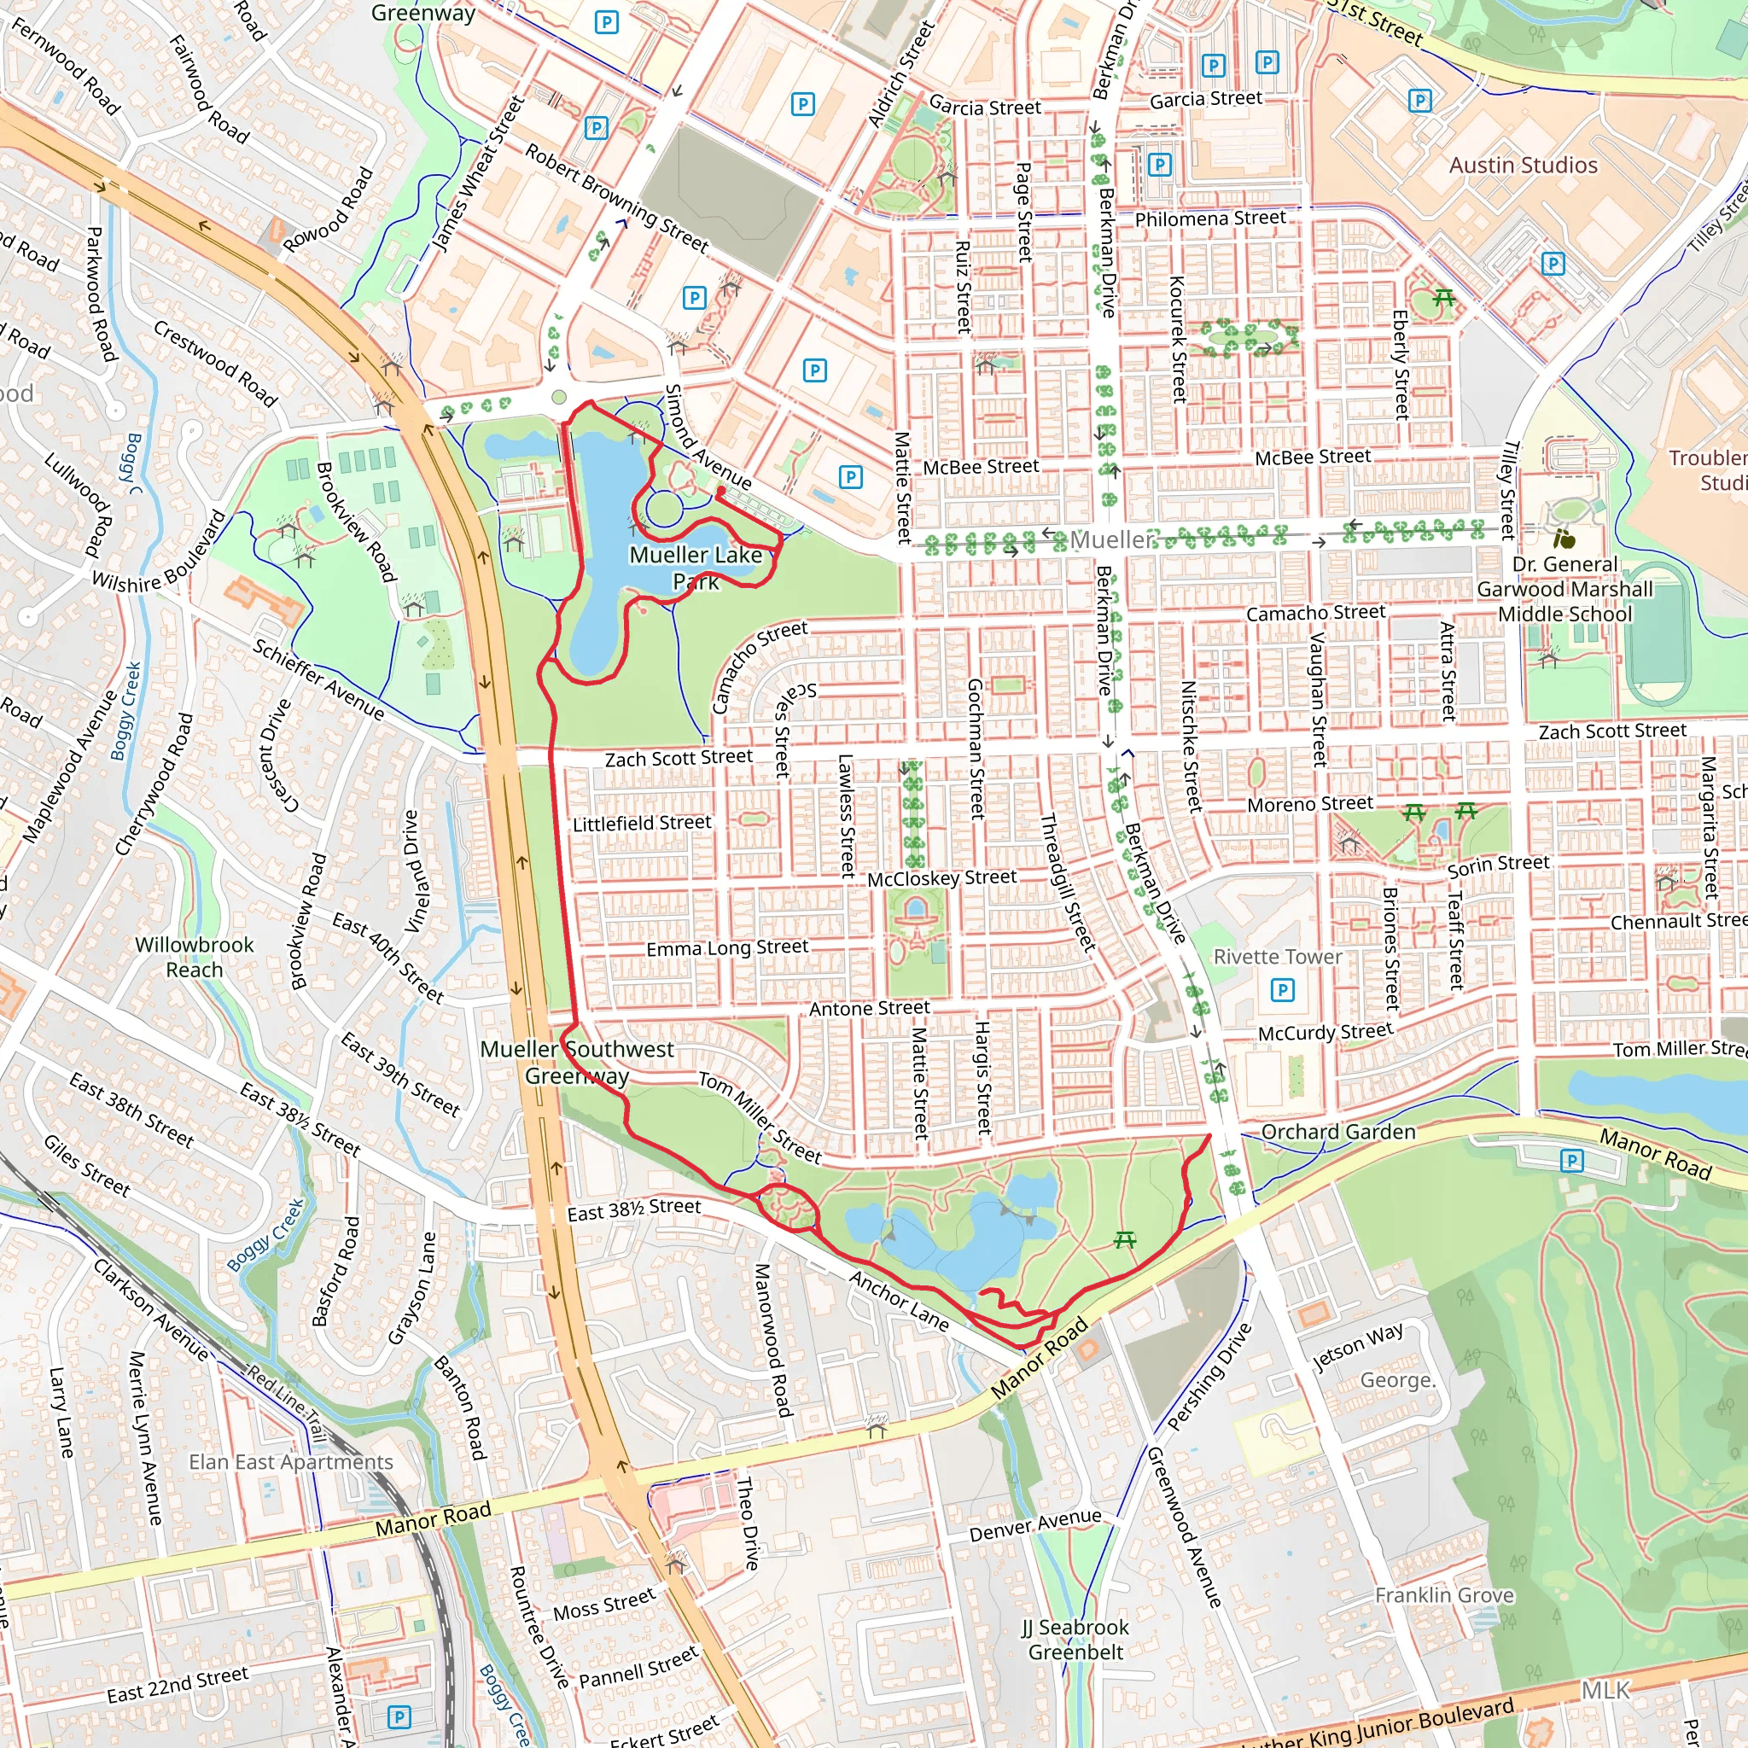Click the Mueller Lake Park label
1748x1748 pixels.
(696, 568)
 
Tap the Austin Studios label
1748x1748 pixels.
(1523, 166)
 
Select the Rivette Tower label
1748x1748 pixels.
(1278, 958)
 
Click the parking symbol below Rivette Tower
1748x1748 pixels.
(1282, 990)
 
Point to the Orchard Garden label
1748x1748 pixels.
(1338, 1132)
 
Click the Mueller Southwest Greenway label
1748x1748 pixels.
(576, 1062)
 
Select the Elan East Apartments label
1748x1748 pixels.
(290, 1462)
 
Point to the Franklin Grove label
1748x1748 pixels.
(1444, 1595)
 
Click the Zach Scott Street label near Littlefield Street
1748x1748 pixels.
(679, 758)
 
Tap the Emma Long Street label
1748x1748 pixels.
(726, 947)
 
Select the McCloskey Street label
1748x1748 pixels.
(942, 877)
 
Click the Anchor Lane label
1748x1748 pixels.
(900, 1301)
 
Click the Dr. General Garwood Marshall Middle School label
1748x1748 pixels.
(1564, 589)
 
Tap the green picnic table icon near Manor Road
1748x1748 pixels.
(1125, 1238)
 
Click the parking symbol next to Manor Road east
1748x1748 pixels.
(1571, 1161)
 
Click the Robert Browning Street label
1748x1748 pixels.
(617, 197)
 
